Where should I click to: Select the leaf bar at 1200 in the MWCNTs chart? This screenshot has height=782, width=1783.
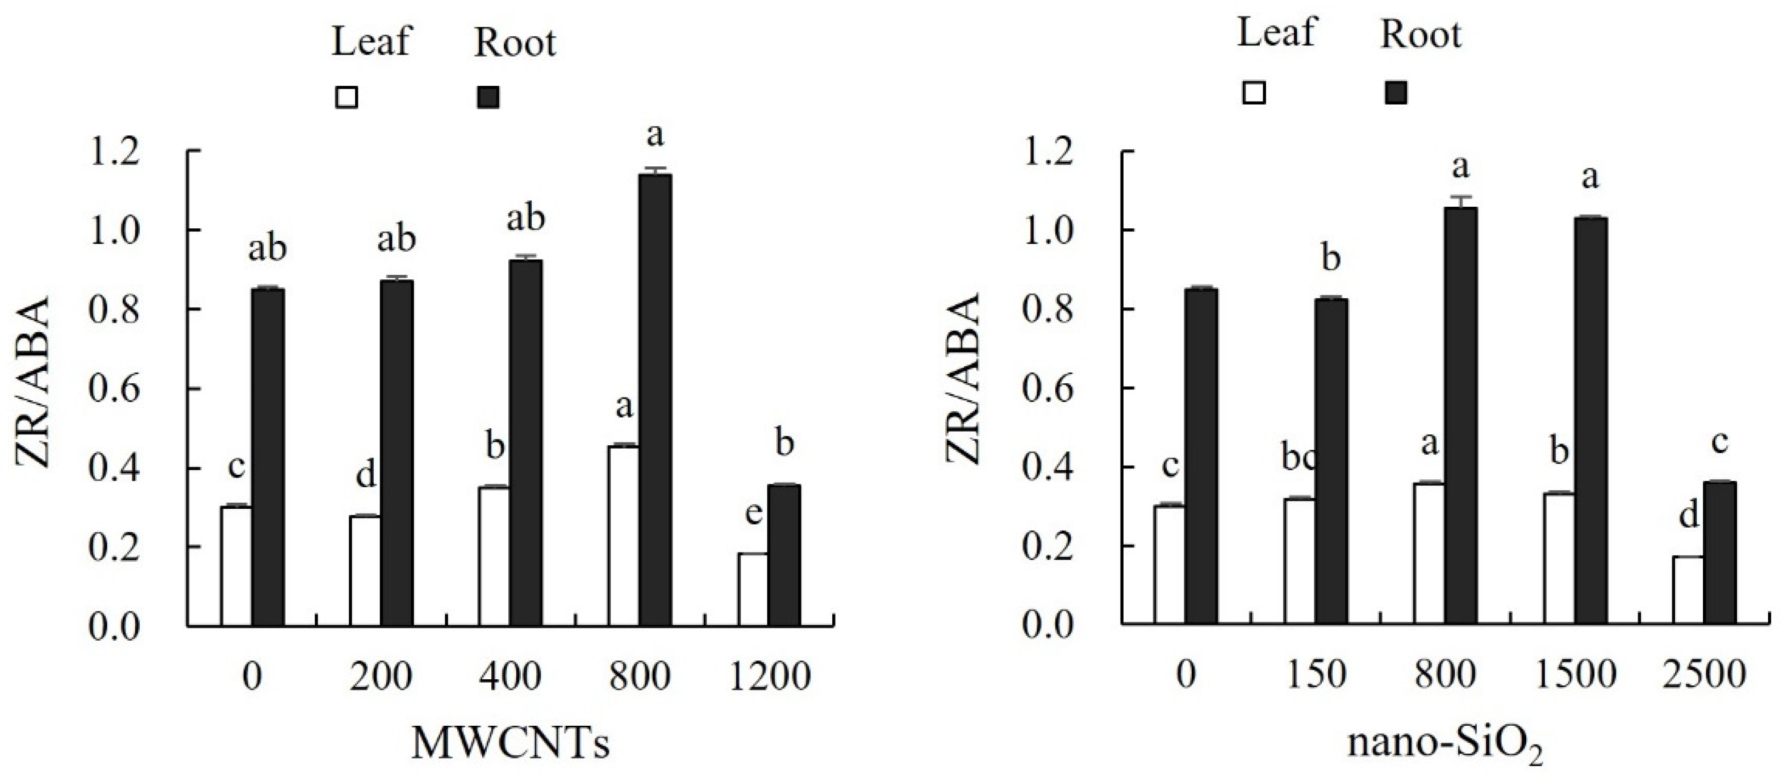(x=753, y=589)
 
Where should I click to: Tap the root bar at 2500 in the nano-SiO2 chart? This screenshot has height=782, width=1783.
(x=1719, y=553)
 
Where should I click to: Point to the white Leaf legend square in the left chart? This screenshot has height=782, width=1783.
(x=346, y=98)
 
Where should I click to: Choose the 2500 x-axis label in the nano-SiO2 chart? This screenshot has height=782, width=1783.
(x=1704, y=675)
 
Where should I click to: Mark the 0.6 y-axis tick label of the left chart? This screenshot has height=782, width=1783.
(x=114, y=389)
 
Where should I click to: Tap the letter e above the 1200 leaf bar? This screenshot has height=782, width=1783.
(x=753, y=513)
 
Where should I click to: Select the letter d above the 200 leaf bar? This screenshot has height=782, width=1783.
(x=365, y=475)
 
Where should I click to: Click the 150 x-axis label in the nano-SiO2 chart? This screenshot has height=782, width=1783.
(x=1316, y=675)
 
